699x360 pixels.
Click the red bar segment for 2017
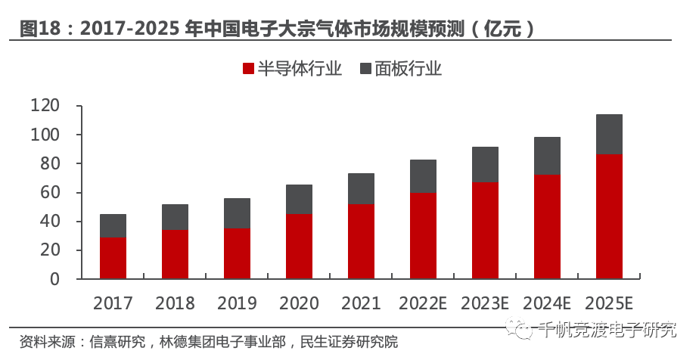113,258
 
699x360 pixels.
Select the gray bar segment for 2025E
609,135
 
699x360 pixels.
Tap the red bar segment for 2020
299,247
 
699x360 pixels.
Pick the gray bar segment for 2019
237,213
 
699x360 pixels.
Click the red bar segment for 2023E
485,231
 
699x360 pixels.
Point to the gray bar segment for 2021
361,188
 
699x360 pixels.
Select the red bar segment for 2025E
609,216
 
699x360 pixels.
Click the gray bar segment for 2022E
423,176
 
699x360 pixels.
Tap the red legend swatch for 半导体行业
247,69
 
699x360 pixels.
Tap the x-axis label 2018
175,303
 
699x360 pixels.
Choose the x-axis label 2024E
547,303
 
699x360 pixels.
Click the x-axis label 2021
361,303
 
